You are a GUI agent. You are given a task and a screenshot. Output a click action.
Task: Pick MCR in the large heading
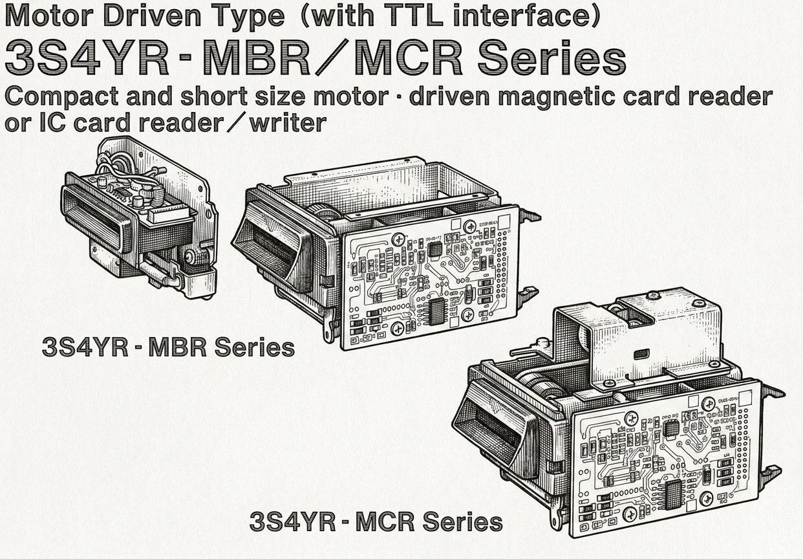(x=408, y=58)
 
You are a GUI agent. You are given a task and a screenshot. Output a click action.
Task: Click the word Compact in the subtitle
(x=61, y=97)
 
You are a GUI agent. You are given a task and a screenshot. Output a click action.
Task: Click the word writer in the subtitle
(x=288, y=123)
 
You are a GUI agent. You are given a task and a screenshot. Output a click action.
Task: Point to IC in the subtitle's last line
(x=53, y=123)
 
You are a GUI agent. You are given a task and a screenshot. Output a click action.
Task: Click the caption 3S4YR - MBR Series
(x=168, y=347)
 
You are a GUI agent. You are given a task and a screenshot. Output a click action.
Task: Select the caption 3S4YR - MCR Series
(x=376, y=522)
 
